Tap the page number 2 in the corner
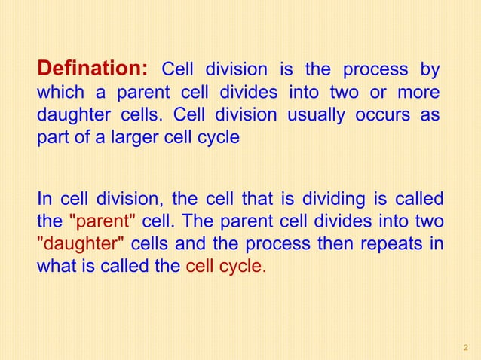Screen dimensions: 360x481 (x=465, y=346)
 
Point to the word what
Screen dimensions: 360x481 (x=54, y=267)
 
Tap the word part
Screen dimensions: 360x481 (x=51, y=139)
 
